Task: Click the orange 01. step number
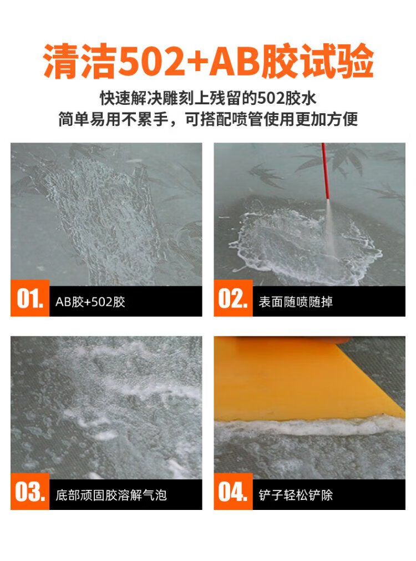coord(30,298)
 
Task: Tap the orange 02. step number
coord(233,298)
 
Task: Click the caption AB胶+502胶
coord(90,302)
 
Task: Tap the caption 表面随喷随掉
coord(296,302)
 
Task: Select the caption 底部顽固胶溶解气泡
coord(111,495)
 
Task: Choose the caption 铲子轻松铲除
coord(296,495)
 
